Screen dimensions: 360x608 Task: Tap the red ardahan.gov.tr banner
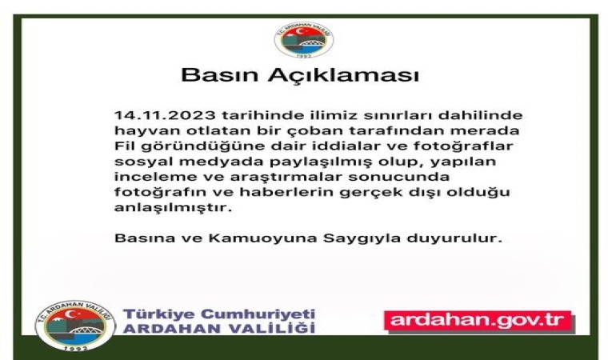[x=480, y=321]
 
